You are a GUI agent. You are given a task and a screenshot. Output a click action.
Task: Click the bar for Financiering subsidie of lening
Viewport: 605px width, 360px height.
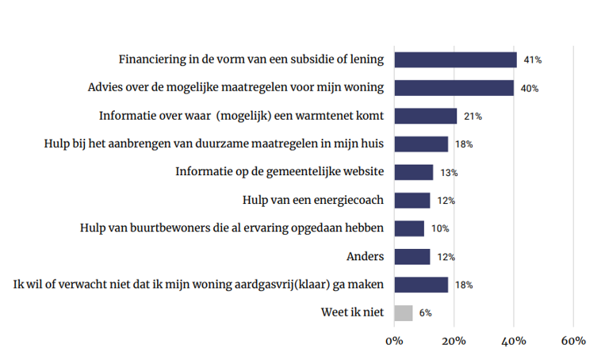point(455,59)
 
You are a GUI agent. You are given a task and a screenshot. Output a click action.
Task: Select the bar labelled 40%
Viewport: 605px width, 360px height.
point(454,87)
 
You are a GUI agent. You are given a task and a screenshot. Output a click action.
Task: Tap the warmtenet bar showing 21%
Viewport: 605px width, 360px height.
point(425,116)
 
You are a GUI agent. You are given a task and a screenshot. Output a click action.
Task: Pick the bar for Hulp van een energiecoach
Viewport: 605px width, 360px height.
point(412,201)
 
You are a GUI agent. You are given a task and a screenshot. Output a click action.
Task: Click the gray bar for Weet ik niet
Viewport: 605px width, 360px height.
point(403,313)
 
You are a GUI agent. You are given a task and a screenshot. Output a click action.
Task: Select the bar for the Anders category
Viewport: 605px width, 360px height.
point(412,257)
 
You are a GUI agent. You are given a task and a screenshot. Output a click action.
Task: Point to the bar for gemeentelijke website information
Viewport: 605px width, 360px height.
point(413,172)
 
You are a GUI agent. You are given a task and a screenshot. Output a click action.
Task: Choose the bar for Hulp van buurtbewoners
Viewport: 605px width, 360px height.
point(408,228)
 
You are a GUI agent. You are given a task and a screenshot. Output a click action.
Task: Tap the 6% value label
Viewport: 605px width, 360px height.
point(426,313)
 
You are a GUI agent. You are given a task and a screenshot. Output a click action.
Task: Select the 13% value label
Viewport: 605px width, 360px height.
point(450,172)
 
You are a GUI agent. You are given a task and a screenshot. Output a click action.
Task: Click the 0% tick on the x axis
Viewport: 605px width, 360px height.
point(394,341)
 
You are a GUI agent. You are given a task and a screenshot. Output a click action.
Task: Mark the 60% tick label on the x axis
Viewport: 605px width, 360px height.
point(573,341)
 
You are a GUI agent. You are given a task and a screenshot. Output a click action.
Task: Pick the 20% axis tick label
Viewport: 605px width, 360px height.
point(454,341)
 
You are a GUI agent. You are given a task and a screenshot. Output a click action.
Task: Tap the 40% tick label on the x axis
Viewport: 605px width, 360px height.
point(514,341)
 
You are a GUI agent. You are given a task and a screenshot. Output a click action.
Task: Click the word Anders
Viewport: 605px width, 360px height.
point(366,256)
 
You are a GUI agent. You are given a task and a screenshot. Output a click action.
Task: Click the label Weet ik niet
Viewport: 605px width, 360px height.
point(352,312)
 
